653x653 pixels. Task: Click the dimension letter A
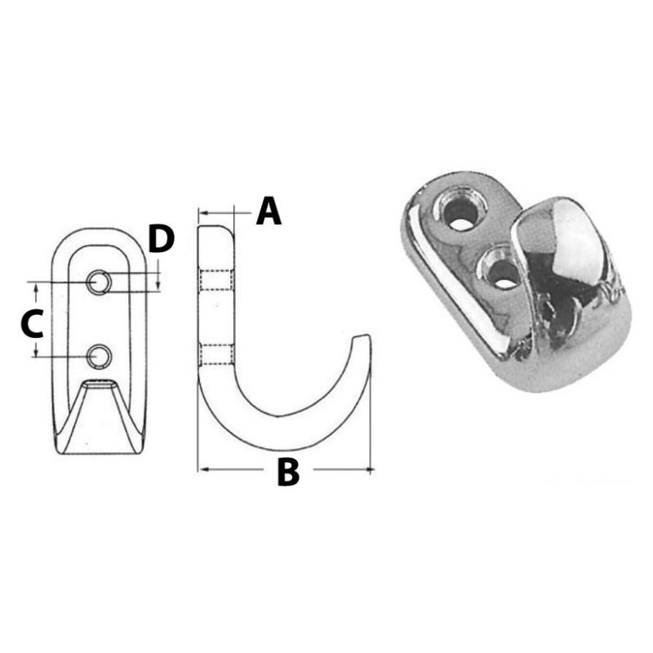click(269, 211)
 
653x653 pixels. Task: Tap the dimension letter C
click(32, 323)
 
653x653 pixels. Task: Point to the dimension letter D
click(161, 238)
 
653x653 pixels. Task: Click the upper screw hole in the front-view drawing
click(99, 282)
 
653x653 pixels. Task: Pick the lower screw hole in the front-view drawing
click(99, 357)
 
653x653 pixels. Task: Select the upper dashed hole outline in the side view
click(215, 280)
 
